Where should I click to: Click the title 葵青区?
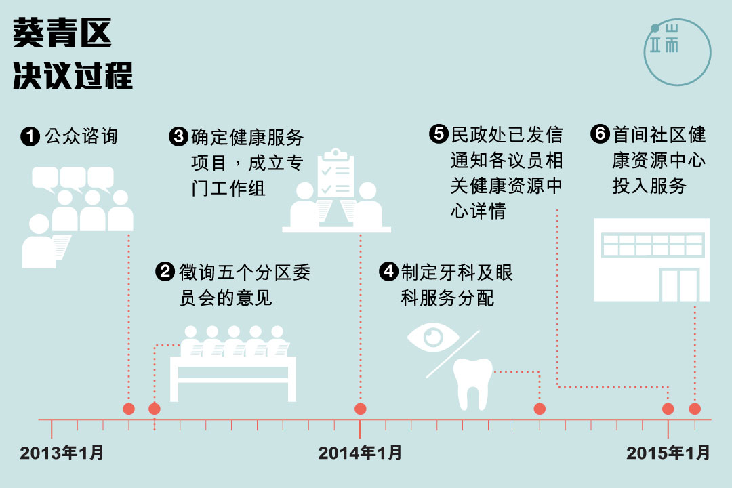point(62,33)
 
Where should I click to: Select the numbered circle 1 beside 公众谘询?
point(30,137)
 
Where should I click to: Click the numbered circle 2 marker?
point(165,272)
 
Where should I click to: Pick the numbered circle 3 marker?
point(178,137)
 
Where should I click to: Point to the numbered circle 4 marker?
point(388,272)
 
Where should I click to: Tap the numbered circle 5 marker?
point(439,134)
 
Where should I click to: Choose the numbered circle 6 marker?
point(600,134)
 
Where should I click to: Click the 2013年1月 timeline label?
point(62,453)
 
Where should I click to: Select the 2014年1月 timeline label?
point(360,453)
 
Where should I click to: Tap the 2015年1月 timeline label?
point(668,453)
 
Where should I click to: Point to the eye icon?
point(433,337)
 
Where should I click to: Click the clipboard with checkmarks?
point(335,173)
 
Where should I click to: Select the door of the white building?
point(679,285)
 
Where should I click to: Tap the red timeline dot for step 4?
point(540,409)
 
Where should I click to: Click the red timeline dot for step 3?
point(361,409)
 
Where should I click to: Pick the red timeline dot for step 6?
point(695,409)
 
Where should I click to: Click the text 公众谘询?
point(81,137)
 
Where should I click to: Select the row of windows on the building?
point(653,245)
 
